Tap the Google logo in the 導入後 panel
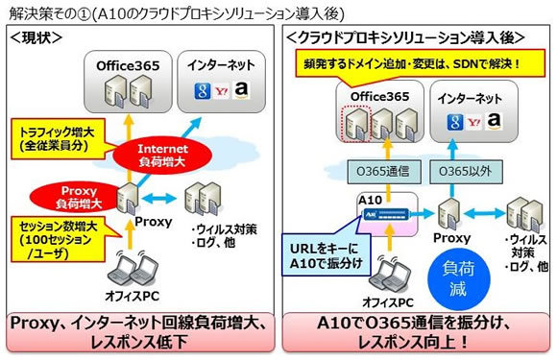pyautogui.click(x=445, y=121)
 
